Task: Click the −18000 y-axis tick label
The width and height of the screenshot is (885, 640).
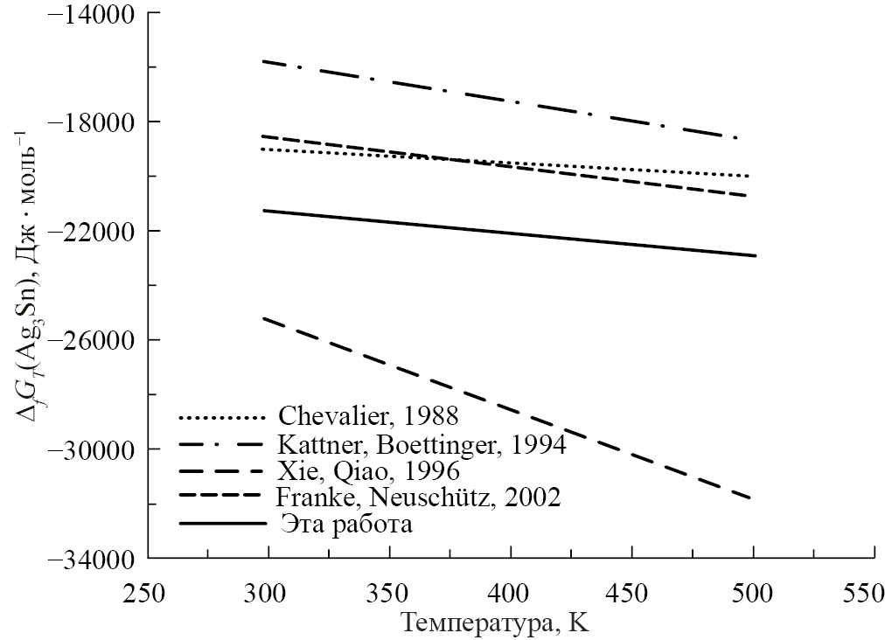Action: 94,122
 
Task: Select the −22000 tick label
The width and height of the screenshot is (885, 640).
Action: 94,232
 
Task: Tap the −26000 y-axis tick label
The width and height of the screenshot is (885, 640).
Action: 94,340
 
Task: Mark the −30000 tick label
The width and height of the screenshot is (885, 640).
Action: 94,449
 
